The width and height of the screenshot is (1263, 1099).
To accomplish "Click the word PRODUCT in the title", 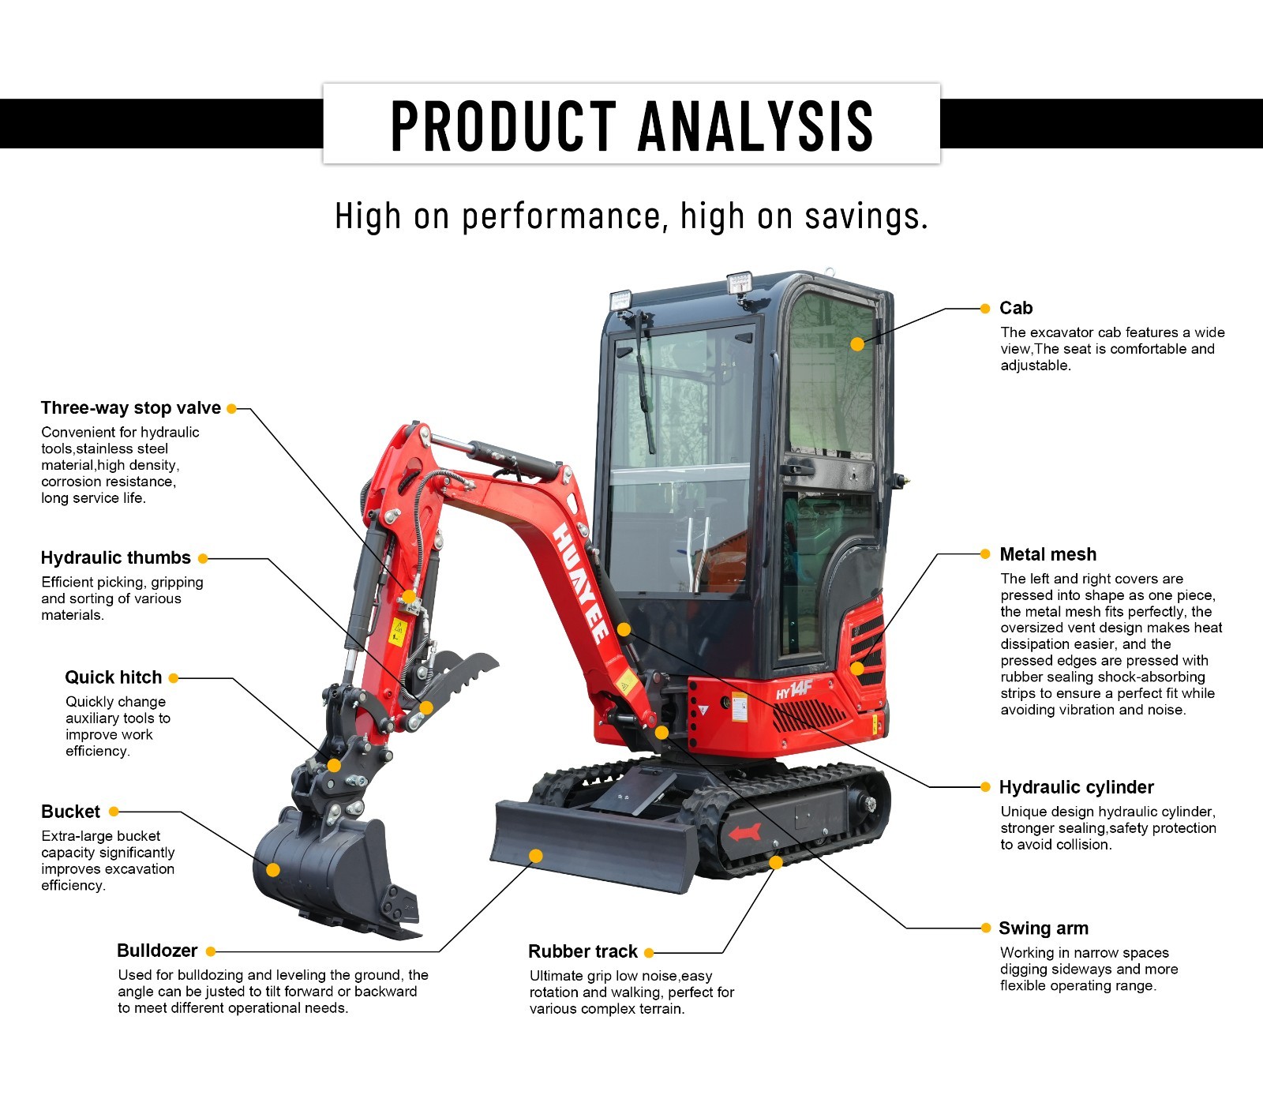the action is point(504,126).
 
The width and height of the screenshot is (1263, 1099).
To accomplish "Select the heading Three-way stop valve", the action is point(131,408).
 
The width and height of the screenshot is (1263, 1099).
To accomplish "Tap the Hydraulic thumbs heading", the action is point(116,558).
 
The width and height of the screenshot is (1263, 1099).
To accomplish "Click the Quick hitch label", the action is point(114,677).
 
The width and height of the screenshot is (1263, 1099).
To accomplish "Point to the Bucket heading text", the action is point(71,812).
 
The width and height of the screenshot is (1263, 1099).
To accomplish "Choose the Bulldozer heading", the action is point(157,951).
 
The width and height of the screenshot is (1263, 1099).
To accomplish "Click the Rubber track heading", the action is point(583,951).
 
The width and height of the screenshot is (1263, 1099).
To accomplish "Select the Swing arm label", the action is point(1044,928).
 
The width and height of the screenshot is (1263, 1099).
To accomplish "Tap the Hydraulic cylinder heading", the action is point(1077,787).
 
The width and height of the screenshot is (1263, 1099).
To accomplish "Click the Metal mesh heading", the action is point(1048,554).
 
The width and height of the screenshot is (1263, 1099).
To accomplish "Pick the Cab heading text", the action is point(1016,308).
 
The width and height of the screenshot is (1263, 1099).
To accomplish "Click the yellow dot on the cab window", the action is point(857,344).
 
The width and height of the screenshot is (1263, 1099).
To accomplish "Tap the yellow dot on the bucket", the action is point(273,870).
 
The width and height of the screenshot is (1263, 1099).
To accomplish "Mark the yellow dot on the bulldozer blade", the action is point(536,856).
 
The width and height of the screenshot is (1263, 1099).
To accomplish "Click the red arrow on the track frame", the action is point(744,832).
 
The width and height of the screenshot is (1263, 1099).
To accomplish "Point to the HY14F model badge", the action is point(794,689).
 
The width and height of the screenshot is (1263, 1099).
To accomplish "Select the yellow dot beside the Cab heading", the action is point(984,309).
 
